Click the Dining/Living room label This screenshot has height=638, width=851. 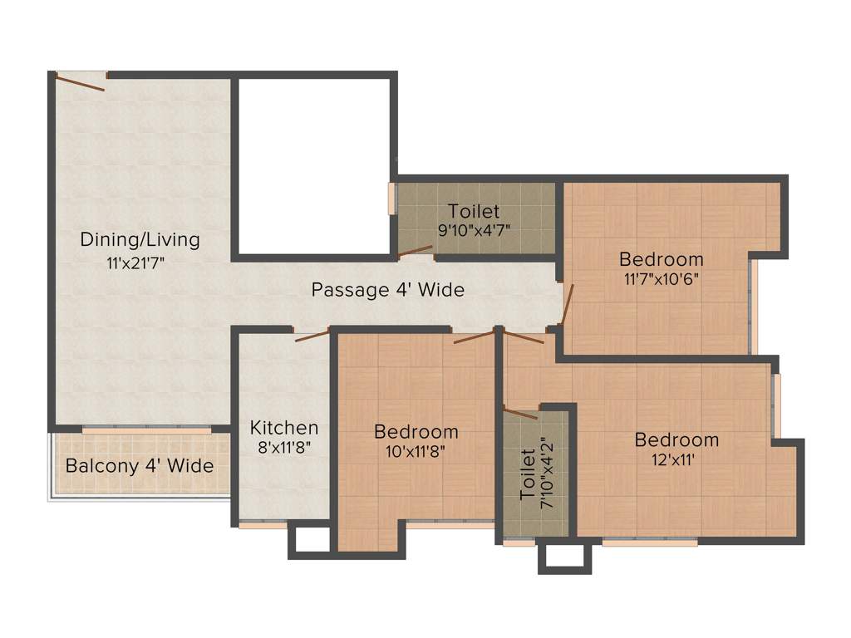(140, 240)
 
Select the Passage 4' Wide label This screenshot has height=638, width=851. (387, 290)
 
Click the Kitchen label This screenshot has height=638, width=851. (284, 428)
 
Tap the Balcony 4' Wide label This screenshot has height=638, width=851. (140, 466)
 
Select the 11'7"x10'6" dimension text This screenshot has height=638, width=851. (661, 278)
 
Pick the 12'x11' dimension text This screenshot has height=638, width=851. (676, 459)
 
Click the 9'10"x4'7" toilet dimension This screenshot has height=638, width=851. (474, 230)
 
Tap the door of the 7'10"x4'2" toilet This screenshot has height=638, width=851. (520, 412)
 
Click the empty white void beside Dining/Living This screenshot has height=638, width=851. (313, 166)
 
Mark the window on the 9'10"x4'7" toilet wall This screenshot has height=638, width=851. (391, 199)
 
